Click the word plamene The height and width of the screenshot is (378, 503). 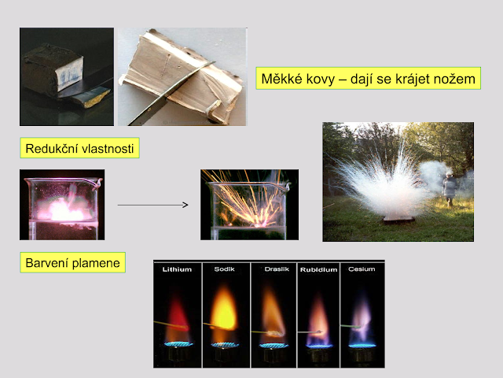[x=96, y=264]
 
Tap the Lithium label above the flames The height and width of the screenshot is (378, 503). [x=177, y=269]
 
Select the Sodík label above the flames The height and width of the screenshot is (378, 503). [x=224, y=269]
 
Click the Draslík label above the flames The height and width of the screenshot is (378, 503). [x=277, y=269]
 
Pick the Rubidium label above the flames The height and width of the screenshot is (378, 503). [x=318, y=269]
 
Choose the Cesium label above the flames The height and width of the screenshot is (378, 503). [x=362, y=269]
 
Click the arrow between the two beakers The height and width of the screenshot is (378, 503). [x=152, y=205]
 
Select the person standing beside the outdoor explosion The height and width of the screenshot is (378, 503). [x=450, y=189]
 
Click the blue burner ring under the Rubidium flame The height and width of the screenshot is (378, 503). [x=319, y=346]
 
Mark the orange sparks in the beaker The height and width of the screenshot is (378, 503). [x=247, y=202]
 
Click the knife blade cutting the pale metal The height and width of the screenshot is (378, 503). [x=170, y=93]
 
